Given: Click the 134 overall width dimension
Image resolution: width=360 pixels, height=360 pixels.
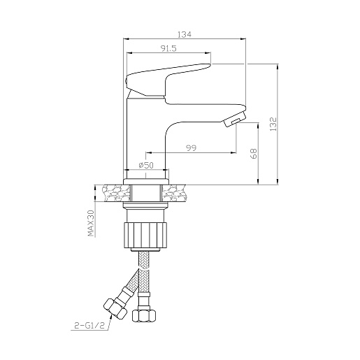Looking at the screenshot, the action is [x=185, y=34].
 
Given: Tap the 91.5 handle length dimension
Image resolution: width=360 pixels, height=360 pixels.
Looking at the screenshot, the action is [x=168, y=48].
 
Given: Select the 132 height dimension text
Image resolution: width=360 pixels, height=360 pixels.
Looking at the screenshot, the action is [x=273, y=124].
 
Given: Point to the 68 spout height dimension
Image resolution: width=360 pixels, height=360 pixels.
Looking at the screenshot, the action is [x=254, y=153].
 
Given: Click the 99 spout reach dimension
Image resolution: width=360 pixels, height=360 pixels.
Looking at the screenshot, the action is [x=192, y=147].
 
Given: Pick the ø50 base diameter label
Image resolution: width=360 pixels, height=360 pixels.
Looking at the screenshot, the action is [x=146, y=165].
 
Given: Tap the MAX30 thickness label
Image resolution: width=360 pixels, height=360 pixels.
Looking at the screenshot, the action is [x=91, y=223].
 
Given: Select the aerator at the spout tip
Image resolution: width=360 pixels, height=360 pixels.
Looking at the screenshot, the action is [x=235, y=119].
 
